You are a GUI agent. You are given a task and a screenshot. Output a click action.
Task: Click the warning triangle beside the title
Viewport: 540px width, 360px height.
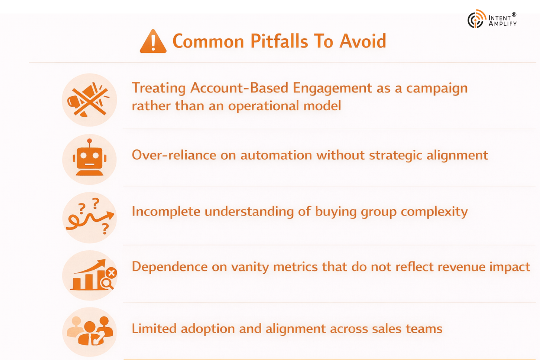(153, 42)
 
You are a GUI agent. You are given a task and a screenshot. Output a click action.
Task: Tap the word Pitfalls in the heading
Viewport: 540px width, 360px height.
(279, 41)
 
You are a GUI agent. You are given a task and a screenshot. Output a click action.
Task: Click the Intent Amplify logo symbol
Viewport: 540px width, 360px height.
(476, 19)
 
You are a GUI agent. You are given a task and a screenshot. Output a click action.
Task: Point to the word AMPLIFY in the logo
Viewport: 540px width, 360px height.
(502, 24)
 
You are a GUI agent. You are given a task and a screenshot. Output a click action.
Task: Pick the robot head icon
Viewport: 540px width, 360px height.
(90, 160)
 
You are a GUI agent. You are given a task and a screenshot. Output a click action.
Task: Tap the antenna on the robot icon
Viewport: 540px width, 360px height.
(90, 142)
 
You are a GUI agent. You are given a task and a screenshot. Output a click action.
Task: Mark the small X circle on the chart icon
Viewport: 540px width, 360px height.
(111, 272)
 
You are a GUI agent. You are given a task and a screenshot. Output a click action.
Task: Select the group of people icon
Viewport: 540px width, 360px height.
(90, 332)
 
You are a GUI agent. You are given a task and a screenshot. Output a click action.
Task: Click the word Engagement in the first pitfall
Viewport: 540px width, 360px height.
(332, 88)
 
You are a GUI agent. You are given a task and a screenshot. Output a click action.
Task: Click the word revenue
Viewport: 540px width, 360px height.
(461, 267)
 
